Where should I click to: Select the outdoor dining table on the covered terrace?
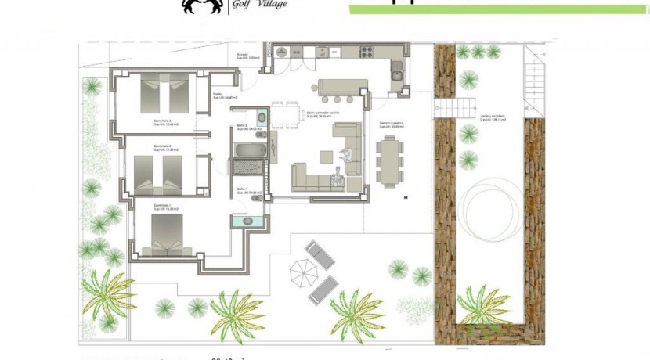pos(388,163)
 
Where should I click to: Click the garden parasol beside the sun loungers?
pos(303,272)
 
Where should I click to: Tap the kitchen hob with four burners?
pos(367,52)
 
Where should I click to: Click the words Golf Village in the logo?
pos(258,4)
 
